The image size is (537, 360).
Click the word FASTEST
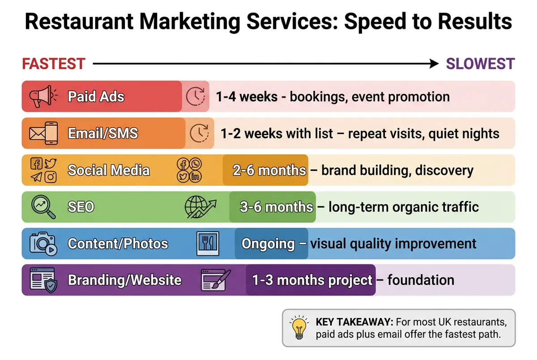pyautogui.click(x=54, y=64)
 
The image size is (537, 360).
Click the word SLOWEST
pyautogui.click(x=480, y=64)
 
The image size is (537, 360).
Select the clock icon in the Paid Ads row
pyautogui.click(x=196, y=96)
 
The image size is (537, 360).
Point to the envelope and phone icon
pyautogui.click(x=43, y=133)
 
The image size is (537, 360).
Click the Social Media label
pyautogui.click(x=109, y=170)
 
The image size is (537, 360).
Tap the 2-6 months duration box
pyautogui.click(x=265, y=170)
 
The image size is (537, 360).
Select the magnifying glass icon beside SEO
pyautogui.click(x=43, y=207)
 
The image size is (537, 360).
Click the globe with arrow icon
pyautogui.click(x=200, y=207)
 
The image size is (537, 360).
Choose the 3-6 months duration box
pyautogui.click(x=273, y=207)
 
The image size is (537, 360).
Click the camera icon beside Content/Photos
pyautogui.click(x=43, y=244)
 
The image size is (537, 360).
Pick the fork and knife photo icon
pyautogui.click(x=208, y=244)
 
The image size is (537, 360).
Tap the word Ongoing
pyautogui.click(x=268, y=244)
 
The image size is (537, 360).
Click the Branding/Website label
pyautogui.click(x=124, y=280)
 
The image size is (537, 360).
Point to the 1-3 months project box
pyautogui.click(x=311, y=280)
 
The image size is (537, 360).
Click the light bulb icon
pyautogui.click(x=298, y=328)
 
